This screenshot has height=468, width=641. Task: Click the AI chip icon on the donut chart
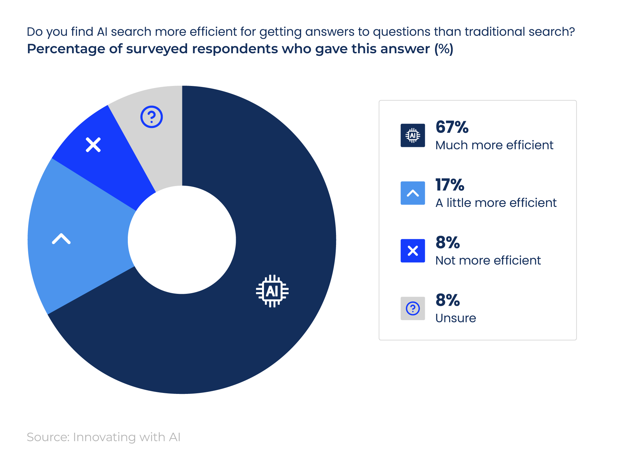[272, 291]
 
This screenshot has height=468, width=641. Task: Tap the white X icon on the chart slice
[93, 145]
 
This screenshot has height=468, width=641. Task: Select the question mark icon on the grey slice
[152, 117]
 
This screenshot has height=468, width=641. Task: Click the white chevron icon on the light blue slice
[61, 239]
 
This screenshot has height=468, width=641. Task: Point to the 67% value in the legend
[452, 127]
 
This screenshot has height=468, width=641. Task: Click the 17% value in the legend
[450, 185]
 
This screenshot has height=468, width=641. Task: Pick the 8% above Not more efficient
[448, 243]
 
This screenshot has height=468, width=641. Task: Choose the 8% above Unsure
[448, 300]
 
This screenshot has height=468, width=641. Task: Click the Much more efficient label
[494, 145]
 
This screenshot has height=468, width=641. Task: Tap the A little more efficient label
[496, 203]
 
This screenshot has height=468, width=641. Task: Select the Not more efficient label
[488, 260]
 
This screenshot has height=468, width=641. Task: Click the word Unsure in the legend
[456, 318]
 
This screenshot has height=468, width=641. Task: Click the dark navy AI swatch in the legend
[413, 135]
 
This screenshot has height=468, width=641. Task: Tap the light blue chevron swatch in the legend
[413, 193]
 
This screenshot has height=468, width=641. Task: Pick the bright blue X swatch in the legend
[413, 251]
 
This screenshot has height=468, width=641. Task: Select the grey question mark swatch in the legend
[413, 308]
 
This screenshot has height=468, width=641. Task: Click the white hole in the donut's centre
[182, 240]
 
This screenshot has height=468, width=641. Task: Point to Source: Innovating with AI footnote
[103, 437]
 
